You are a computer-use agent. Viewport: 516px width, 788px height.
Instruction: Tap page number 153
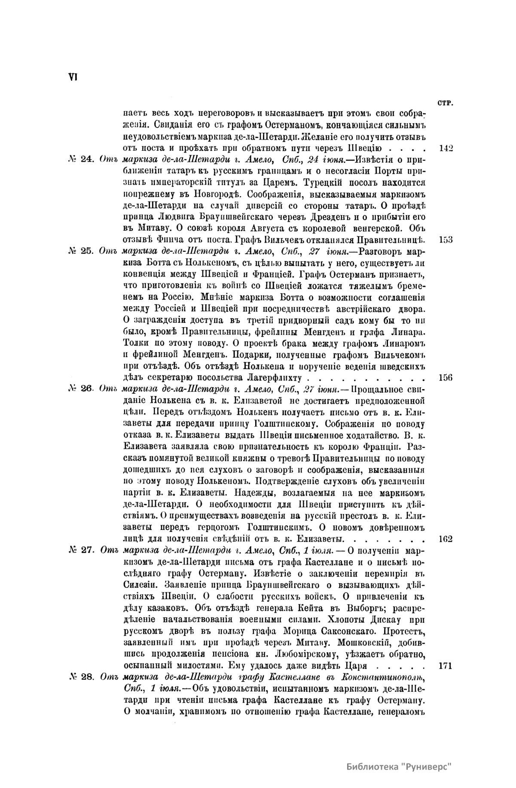point(446,240)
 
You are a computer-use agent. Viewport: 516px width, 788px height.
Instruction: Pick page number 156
point(446,378)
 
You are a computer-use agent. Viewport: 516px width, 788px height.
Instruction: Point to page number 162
point(446,539)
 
